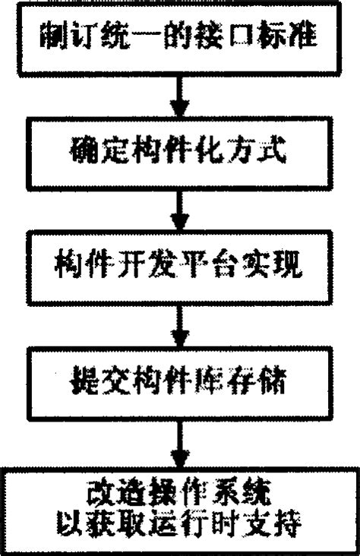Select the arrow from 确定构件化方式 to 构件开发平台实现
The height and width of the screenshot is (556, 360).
coord(179,204)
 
